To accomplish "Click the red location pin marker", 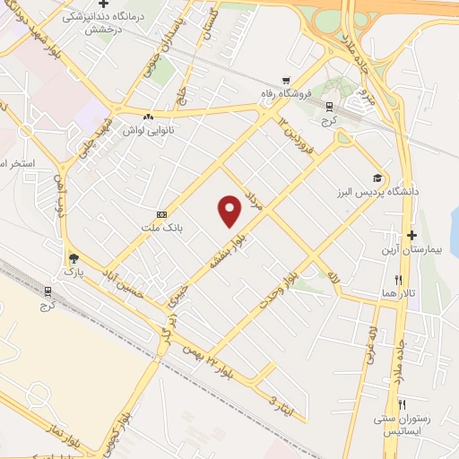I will (x=230, y=212).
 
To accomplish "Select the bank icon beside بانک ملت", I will (x=161, y=214).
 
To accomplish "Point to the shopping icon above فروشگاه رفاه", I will (x=286, y=79).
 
